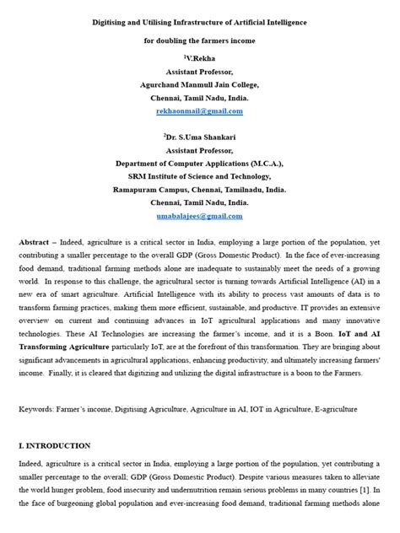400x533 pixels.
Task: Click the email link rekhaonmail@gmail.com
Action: [x=199, y=110]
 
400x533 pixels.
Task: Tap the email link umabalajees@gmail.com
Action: [x=199, y=216]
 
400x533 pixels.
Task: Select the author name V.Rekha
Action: [x=200, y=57]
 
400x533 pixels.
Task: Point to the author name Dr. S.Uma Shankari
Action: [x=200, y=135]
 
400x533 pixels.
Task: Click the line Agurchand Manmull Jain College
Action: [x=199, y=83]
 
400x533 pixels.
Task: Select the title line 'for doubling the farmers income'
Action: [x=199, y=39]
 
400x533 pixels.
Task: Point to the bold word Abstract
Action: [x=35, y=241]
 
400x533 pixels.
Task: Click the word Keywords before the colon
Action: [x=39, y=408]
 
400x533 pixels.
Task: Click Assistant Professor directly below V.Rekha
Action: [x=200, y=71]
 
